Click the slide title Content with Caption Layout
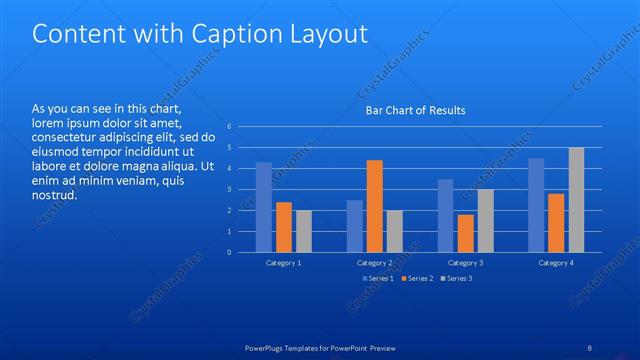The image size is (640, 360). [x=200, y=34]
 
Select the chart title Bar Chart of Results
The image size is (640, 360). [x=414, y=110]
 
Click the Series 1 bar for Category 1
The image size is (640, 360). [x=264, y=207]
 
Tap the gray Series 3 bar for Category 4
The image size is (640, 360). [x=576, y=200]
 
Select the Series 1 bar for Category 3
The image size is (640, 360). [x=446, y=215]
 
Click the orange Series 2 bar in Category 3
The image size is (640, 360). [x=465, y=233]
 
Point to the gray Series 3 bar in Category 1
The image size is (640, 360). [x=303, y=231]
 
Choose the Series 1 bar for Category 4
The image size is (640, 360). [x=536, y=205]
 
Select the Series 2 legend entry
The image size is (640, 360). [x=417, y=278]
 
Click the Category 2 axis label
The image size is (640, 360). [x=375, y=262]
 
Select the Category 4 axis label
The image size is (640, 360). [x=556, y=262]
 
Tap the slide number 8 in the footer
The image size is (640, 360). [x=589, y=347]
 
